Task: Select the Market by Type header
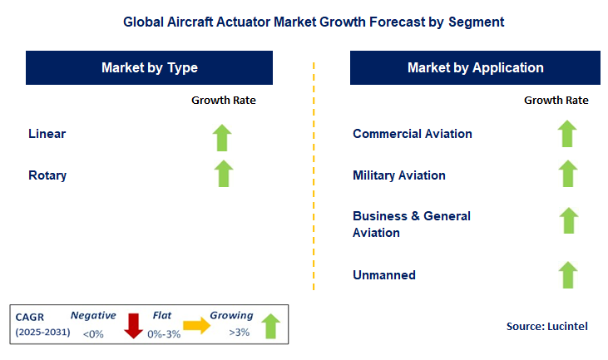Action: pyautogui.click(x=149, y=68)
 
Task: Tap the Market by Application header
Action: pyautogui.click(x=475, y=68)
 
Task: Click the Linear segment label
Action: pyautogui.click(x=47, y=134)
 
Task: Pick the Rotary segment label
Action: pyautogui.click(x=47, y=175)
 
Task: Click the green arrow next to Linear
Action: pyautogui.click(x=222, y=136)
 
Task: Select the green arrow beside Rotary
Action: pyautogui.click(x=222, y=173)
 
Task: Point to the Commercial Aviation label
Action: pyautogui.click(x=413, y=134)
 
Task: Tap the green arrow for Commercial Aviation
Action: pyautogui.click(x=567, y=134)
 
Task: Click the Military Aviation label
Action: pyautogui.click(x=399, y=175)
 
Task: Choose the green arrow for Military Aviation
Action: pyautogui.click(x=567, y=174)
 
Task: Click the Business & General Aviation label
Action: pyautogui.click(x=412, y=224)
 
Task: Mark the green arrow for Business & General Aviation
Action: pyautogui.click(x=567, y=220)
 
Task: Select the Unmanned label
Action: pyautogui.click(x=384, y=274)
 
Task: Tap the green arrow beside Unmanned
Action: pyautogui.click(x=567, y=274)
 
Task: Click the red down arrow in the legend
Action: pyautogui.click(x=132, y=325)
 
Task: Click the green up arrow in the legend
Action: pyautogui.click(x=270, y=325)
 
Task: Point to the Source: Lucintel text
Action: pyautogui.click(x=546, y=327)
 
